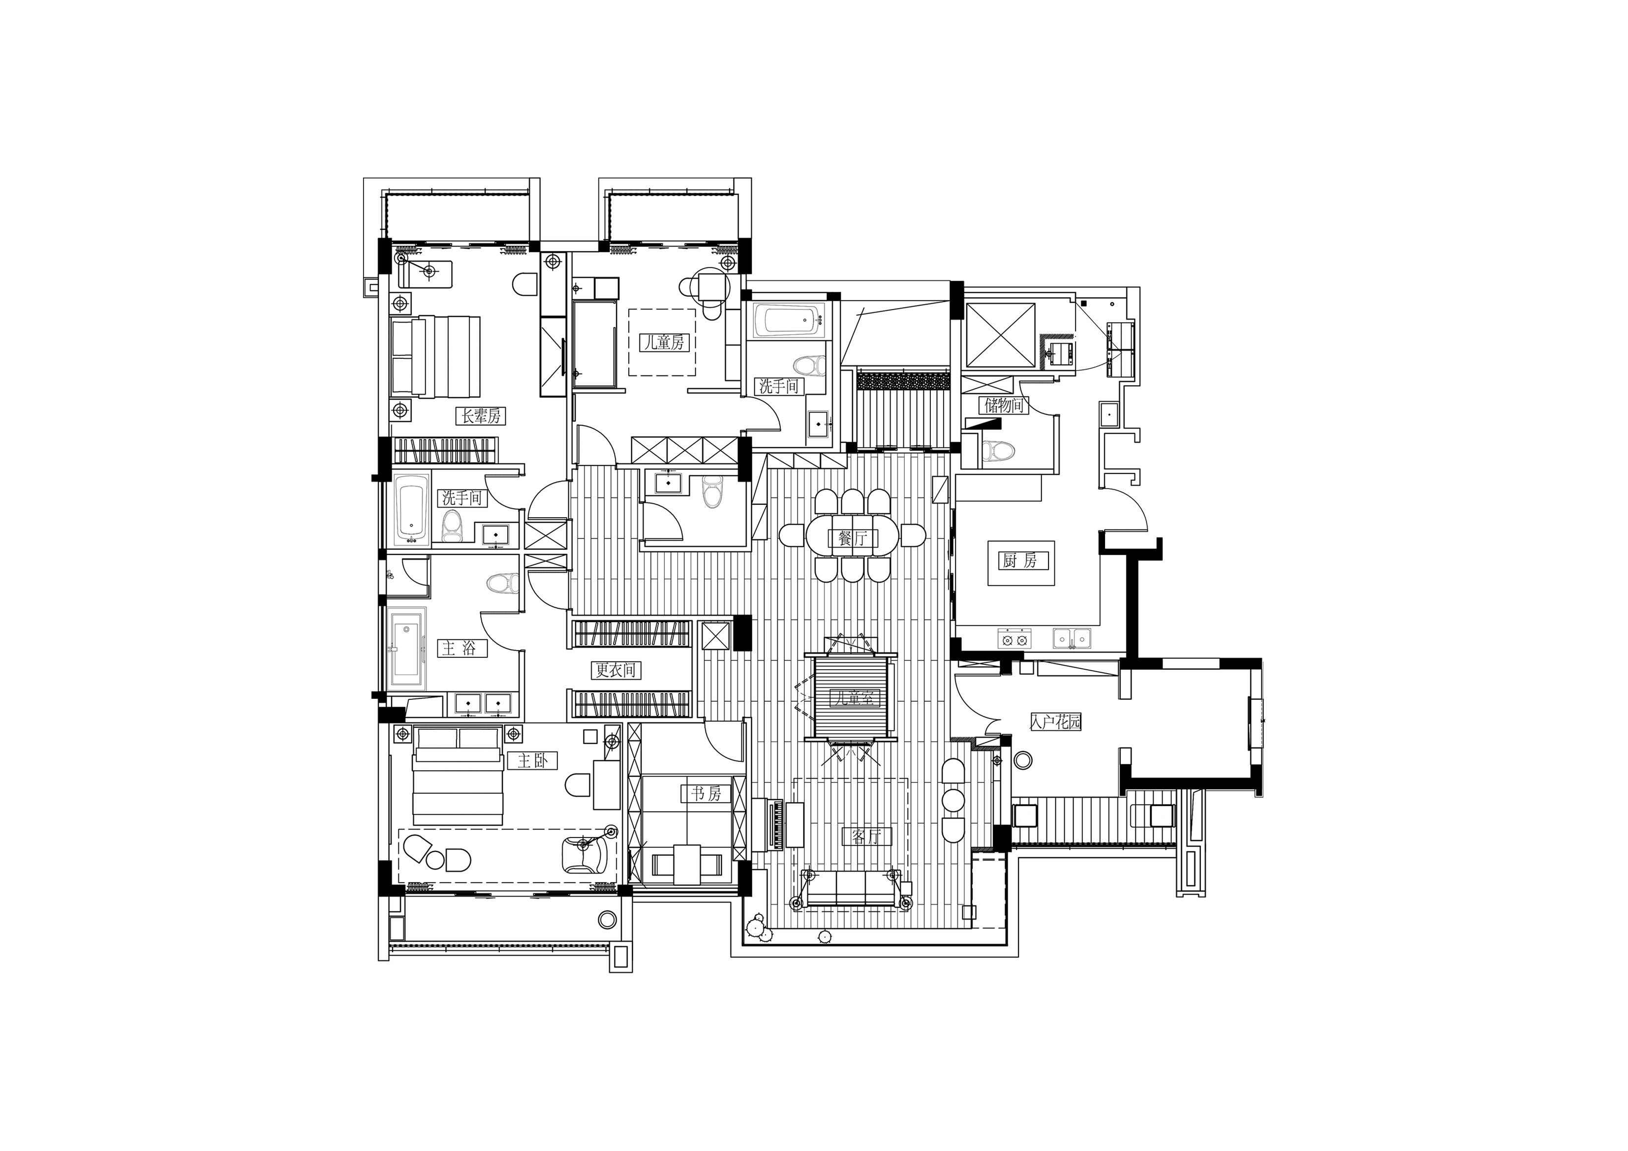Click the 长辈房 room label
tap(482, 416)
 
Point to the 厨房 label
tap(1021, 561)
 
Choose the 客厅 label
tap(866, 837)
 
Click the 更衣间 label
tap(615, 669)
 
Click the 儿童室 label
tap(855, 698)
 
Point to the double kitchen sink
tap(1072, 639)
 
